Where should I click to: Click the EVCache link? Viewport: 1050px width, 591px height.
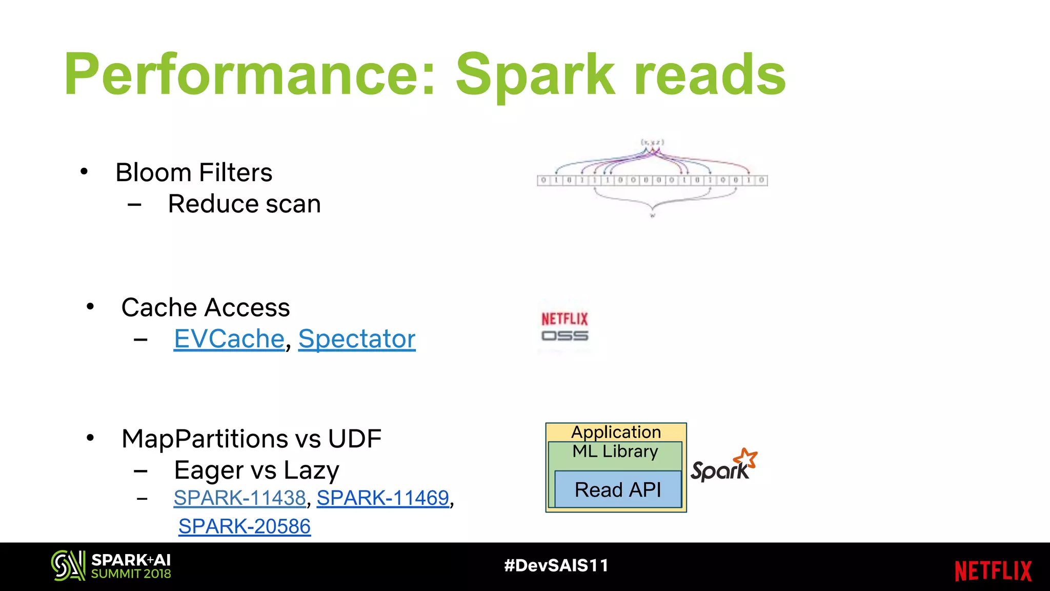coord(229,339)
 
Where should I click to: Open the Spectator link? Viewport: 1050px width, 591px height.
coord(357,339)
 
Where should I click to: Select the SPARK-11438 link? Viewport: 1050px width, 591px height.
coord(239,498)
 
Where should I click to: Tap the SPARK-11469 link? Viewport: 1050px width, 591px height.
coord(382,498)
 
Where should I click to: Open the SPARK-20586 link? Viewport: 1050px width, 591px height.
coord(245,526)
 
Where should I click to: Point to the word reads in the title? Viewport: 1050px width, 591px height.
coord(710,75)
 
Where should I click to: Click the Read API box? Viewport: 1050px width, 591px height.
coord(618,489)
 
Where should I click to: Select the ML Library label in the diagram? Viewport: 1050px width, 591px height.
coord(615,451)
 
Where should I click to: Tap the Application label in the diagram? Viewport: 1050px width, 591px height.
coord(616,432)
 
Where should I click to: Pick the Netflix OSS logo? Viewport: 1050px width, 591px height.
coord(564,327)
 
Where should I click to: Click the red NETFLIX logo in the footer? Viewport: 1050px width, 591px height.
coord(993,571)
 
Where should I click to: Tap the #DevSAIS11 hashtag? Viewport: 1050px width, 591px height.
coord(556,565)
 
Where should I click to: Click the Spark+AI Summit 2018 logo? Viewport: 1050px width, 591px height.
coord(111,566)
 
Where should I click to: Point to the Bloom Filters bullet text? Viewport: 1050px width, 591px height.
coord(194,172)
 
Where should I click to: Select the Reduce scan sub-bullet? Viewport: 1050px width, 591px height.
coord(244,204)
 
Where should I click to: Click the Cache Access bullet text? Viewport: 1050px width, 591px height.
coord(206,308)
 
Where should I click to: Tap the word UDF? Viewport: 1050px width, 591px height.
coord(354,439)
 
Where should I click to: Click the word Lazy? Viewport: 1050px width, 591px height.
coord(311,470)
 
